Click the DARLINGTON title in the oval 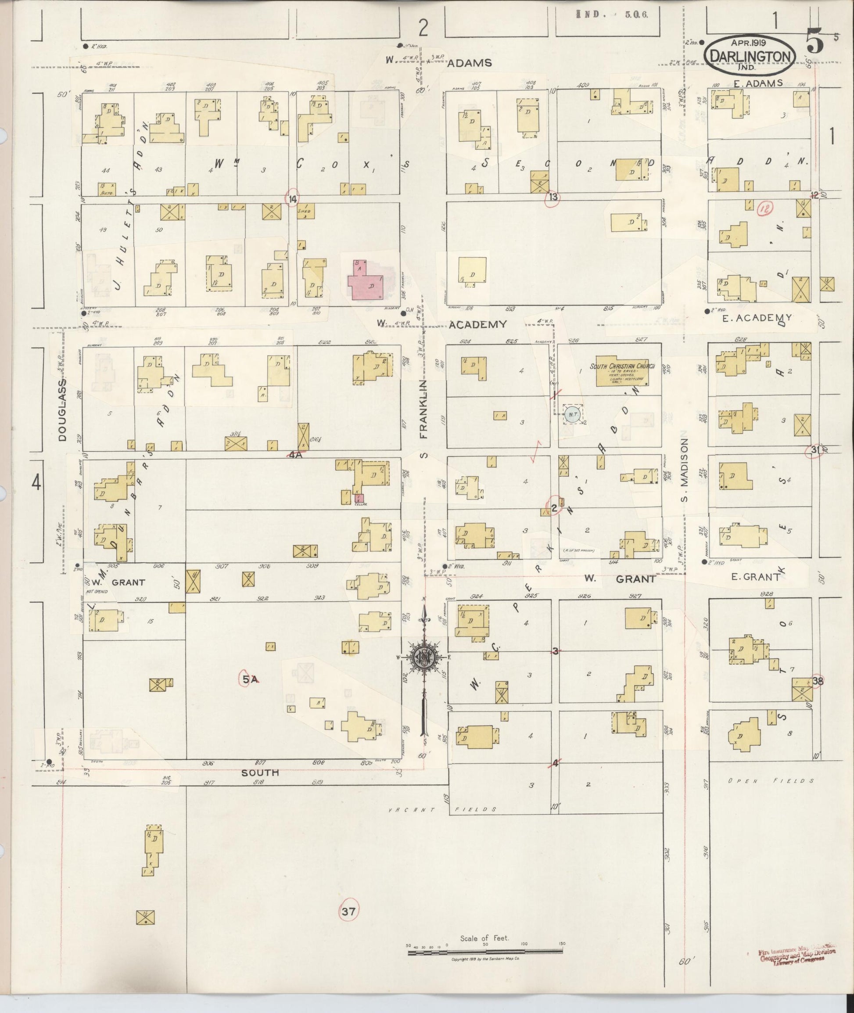[x=751, y=57]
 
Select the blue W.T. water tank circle [x=572, y=414]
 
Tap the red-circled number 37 [x=348, y=912]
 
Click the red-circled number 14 [x=292, y=198]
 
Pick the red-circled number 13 [x=554, y=197]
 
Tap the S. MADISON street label [x=684, y=470]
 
